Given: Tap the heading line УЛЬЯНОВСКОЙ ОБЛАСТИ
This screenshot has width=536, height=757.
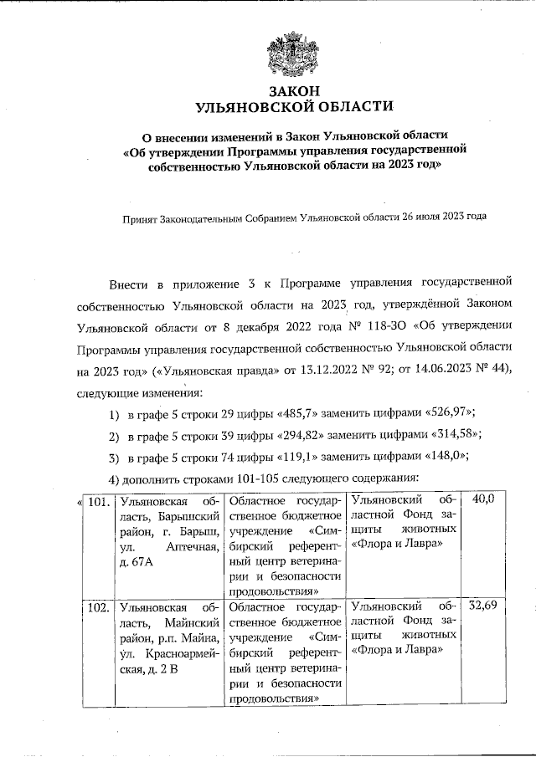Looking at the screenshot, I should point(292,107).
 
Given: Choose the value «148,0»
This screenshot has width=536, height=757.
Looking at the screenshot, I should point(443,456).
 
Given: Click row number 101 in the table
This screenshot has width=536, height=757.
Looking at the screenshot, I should point(98,503).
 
